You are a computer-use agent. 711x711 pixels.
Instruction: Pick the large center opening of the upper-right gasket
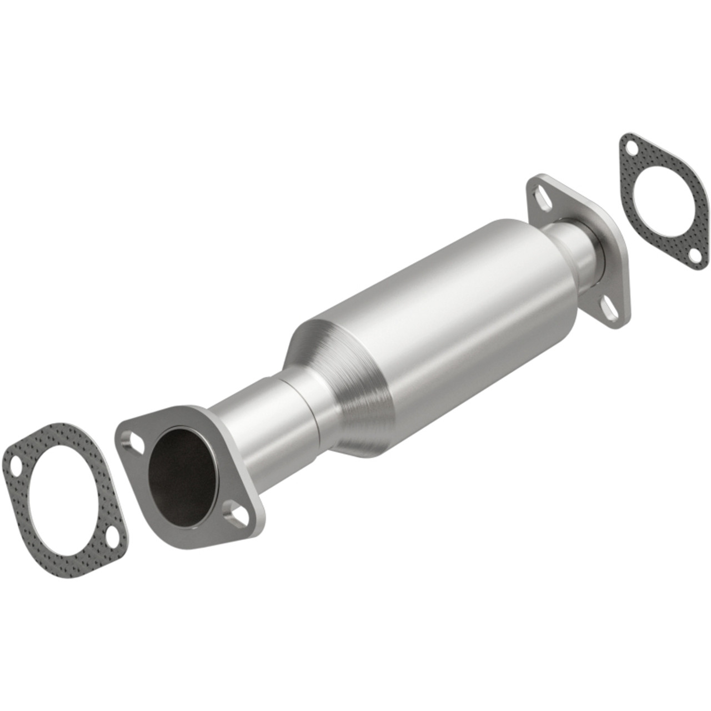(x=661, y=201)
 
